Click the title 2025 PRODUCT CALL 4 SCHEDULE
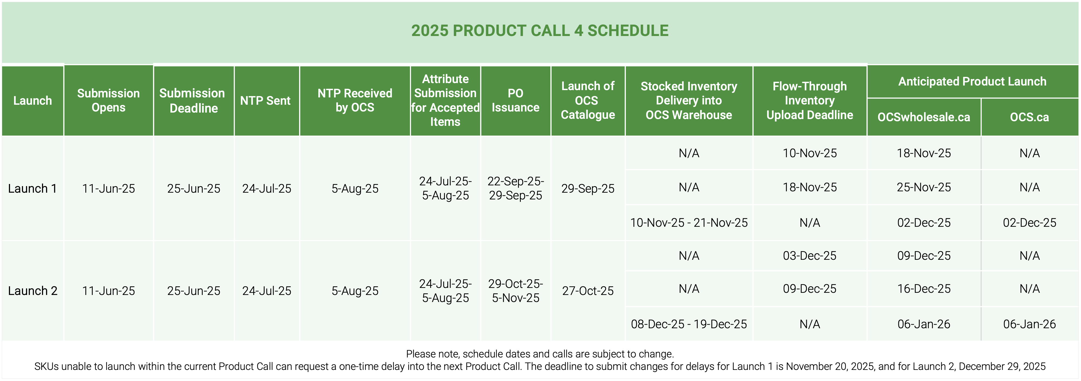click(x=540, y=31)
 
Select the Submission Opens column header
click(x=108, y=100)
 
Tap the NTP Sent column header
click(x=265, y=101)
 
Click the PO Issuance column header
click(x=515, y=100)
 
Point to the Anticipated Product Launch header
click(x=972, y=81)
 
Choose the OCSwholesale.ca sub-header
click(x=924, y=117)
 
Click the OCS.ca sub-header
click(x=1029, y=117)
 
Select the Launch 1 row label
click(x=32, y=189)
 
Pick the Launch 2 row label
click(x=32, y=291)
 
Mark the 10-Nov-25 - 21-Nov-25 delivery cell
click(x=689, y=222)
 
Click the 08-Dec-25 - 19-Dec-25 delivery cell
click(x=689, y=324)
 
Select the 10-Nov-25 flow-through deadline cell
click(x=810, y=153)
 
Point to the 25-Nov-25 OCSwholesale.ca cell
click(x=924, y=187)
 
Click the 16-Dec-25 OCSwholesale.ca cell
click(x=924, y=289)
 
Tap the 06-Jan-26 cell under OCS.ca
click(x=1029, y=324)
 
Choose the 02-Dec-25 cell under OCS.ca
click(x=1029, y=222)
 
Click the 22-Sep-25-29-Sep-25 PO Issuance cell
click(x=515, y=188)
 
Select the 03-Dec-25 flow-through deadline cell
click(x=810, y=256)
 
